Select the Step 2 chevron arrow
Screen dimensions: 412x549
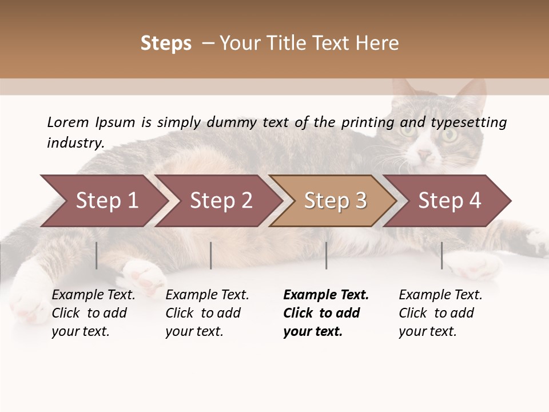pyautogui.click(x=221, y=201)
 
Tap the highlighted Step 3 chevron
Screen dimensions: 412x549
pyautogui.click(x=335, y=201)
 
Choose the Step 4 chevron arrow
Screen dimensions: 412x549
pyautogui.click(x=449, y=201)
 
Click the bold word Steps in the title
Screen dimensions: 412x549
pyautogui.click(x=166, y=43)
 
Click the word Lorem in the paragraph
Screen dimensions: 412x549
pyautogui.click(x=67, y=122)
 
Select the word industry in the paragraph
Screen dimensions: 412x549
pyautogui.click(x=75, y=143)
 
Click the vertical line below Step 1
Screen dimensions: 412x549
pyautogui.click(x=97, y=255)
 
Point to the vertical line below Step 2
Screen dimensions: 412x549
pyautogui.click(x=211, y=255)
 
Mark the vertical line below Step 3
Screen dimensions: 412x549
pyautogui.click(x=327, y=255)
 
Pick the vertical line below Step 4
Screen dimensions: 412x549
pyautogui.click(x=442, y=255)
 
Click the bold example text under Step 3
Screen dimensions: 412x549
pyautogui.click(x=325, y=313)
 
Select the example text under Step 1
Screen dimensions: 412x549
pyautogui.click(x=93, y=313)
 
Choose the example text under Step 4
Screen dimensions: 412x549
pyautogui.click(x=440, y=313)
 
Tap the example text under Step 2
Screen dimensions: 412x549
pyautogui.click(x=207, y=313)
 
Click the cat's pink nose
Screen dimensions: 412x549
pyautogui.click(x=424, y=155)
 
